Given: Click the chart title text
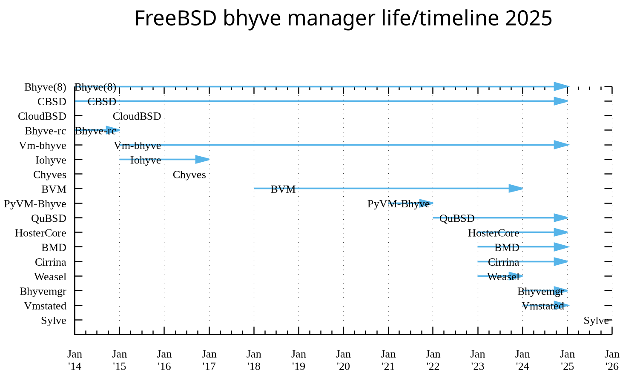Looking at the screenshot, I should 343,18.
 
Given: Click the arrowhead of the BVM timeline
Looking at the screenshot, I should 516,189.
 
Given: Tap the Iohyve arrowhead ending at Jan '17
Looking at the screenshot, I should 202,160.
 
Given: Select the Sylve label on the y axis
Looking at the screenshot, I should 54,321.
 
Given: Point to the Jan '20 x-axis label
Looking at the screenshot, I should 343,360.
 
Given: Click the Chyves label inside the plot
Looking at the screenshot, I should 189,175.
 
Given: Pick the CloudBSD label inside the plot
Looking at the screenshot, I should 137,116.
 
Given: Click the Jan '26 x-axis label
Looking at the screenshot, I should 612,360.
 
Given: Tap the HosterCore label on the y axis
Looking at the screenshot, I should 40,233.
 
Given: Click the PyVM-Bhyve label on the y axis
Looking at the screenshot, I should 35,203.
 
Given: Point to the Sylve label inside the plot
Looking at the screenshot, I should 596,321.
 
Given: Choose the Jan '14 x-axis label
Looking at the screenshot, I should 75,360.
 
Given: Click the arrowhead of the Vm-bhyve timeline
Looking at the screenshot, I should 561,145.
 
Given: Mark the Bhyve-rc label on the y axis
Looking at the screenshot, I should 45,131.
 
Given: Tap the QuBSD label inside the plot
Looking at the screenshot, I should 457,218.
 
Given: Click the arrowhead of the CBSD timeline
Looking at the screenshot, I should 561,101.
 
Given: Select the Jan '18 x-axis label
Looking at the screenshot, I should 254,360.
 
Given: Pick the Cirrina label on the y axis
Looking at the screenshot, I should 50,262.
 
